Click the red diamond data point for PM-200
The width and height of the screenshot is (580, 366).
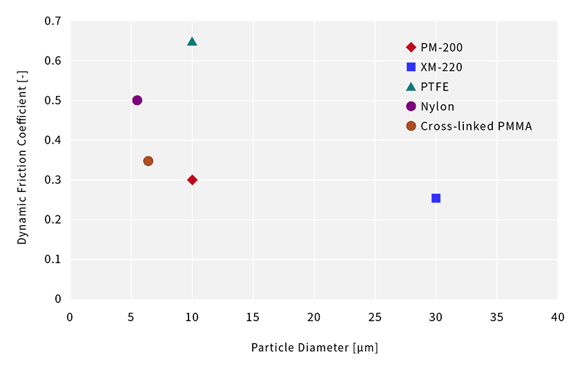pos(192,180)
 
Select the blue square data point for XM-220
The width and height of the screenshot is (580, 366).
pos(436,198)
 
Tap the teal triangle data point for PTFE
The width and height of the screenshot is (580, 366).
pos(192,41)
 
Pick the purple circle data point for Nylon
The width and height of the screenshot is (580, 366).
pos(137,100)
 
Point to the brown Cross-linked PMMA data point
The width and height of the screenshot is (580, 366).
pos(148,161)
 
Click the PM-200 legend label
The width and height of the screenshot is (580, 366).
pos(441,48)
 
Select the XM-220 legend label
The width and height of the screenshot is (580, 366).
pos(441,67)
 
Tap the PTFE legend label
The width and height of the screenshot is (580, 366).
pos(434,87)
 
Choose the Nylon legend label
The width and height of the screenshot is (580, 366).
pos(437,106)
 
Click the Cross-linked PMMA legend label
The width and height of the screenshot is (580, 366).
pos(476,126)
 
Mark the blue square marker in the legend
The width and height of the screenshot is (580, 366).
pos(411,67)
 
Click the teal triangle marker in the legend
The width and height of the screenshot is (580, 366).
pos(411,87)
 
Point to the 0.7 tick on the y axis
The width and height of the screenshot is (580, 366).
pos(53,21)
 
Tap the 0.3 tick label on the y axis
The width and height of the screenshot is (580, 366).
pos(53,180)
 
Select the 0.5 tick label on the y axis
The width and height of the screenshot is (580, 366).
pos(53,101)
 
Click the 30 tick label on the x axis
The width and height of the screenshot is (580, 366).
pos(435,317)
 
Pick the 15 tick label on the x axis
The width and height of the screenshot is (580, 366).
pos(253,317)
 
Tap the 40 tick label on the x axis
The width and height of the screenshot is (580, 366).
pos(557,317)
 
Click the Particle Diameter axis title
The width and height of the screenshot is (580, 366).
pos(314,347)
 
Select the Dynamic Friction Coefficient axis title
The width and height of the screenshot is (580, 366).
pos(22,160)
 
